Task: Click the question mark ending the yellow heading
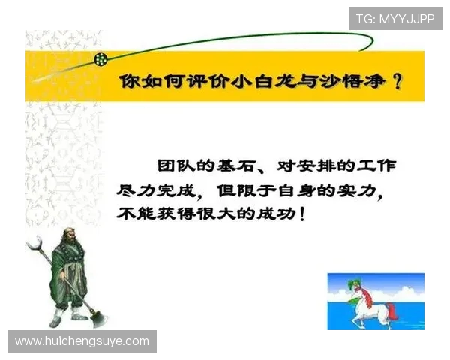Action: tap(397, 81)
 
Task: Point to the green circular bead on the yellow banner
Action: tap(100, 58)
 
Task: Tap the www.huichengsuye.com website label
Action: tap(82, 341)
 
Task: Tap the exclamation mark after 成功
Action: tap(301, 214)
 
